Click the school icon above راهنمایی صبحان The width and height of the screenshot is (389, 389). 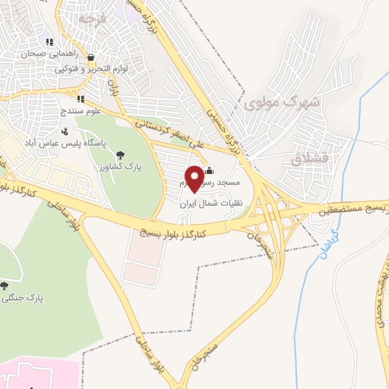pos(49,43)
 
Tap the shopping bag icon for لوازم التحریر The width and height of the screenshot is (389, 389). pos(90,57)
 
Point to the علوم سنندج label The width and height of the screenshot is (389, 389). pos(80,111)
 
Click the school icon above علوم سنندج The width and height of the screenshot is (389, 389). pos(80,99)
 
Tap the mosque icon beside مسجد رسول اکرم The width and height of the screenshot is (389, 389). pos(210,171)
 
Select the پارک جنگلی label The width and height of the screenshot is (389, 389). pos(24,299)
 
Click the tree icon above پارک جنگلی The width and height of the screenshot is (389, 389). pos(5,286)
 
